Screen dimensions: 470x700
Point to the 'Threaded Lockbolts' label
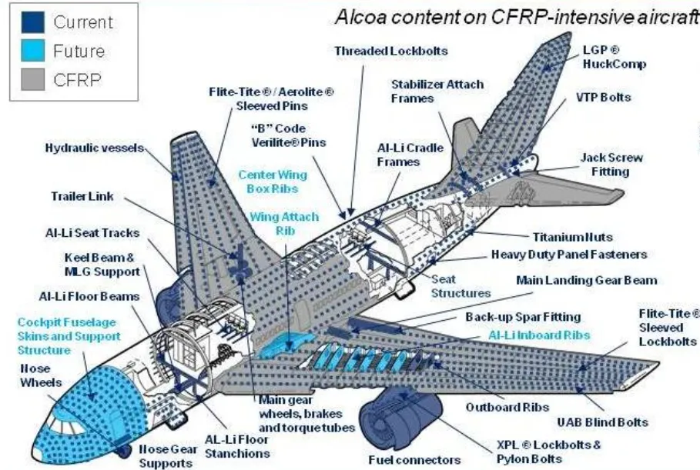(x=390, y=51)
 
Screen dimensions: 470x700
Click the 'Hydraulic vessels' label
(x=92, y=148)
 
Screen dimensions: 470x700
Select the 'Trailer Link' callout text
(x=82, y=196)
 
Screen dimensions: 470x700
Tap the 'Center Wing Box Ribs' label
(x=273, y=181)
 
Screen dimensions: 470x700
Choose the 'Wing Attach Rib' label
(x=274, y=223)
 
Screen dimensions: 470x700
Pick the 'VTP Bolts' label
(x=603, y=98)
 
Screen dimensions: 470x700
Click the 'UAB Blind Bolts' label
(x=602, y=422)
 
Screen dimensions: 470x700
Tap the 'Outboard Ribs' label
(x=503, y=407)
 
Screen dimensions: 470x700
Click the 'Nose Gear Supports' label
(x=165, y=455)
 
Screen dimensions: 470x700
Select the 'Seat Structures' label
(x=461, y=285)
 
